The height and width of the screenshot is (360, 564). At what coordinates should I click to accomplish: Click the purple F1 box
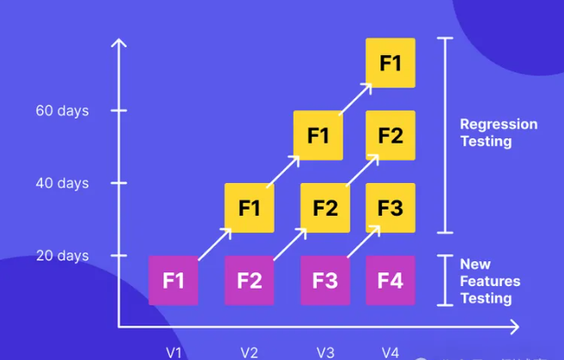[x=173, y=280]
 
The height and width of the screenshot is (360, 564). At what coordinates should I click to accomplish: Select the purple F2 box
[x=249, y=280]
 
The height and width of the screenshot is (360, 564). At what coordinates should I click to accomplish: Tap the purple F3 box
[x=324, y=280]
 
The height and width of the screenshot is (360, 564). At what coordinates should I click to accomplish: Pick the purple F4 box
[x=390, y=280]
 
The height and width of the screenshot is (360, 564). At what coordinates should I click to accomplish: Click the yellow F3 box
[x=390, y=208]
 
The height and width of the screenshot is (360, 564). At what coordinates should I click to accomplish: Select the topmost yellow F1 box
[x=390, y=63]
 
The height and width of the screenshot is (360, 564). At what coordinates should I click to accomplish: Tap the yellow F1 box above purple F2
[x=249, y=208]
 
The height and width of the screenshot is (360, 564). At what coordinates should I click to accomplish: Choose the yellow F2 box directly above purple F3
[x=324, y=208]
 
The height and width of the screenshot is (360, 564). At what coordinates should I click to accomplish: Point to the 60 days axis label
[x=62, y=111]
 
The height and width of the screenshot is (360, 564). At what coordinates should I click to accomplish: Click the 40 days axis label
[x=62, y=183]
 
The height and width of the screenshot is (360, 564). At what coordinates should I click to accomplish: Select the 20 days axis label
[x=62, y=255]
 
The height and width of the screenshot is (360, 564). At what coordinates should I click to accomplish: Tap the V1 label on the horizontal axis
[x=173, y=352]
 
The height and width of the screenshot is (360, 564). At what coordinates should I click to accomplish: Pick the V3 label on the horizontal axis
[x=325, y=352]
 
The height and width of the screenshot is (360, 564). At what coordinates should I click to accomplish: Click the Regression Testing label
[x=498, y=132]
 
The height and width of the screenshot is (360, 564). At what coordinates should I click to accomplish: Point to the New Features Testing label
[x=489, y=281]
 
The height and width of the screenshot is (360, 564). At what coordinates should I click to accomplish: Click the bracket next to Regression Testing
[x=444, y=135]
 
